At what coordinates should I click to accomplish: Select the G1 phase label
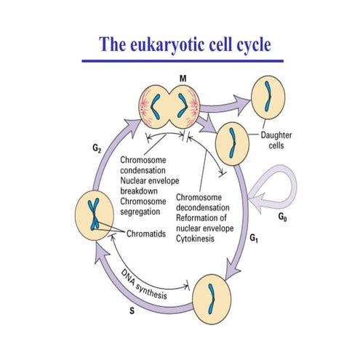[255, 238]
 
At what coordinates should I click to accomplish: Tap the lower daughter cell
[233, 139]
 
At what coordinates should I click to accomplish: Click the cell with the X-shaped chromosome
[94, 218]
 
